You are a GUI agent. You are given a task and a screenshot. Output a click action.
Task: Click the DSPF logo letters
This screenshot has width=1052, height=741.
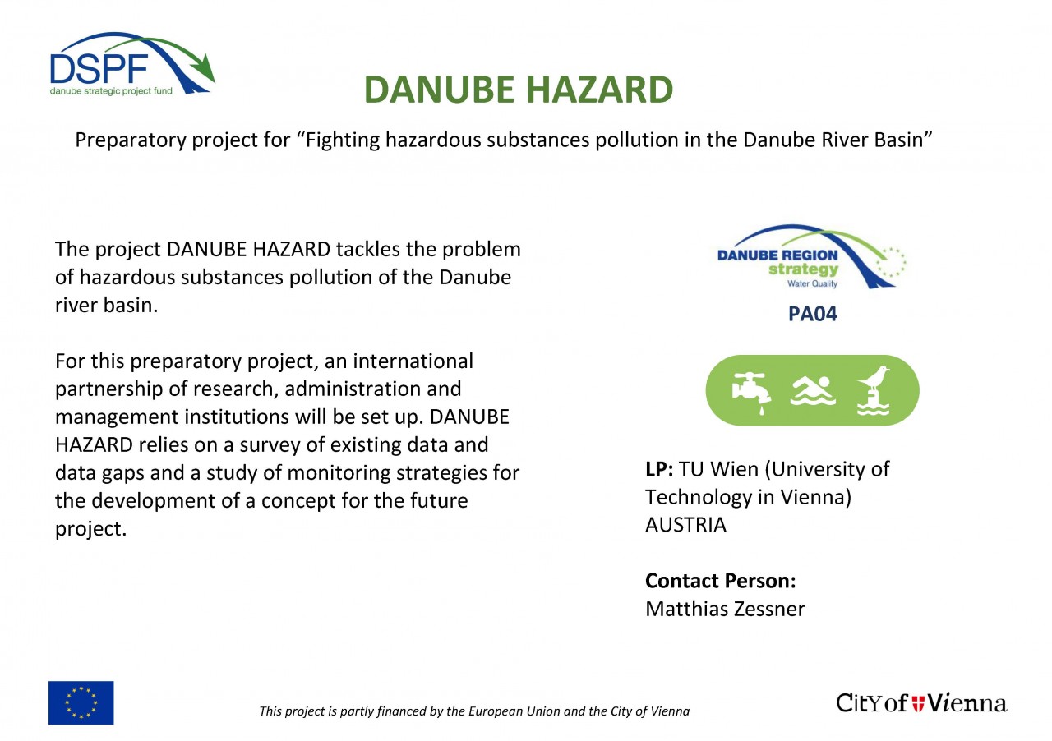pyautogui.click(x=99, y=68)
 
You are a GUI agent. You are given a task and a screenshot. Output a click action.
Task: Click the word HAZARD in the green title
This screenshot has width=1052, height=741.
pyautogui.click(x=599, y=90)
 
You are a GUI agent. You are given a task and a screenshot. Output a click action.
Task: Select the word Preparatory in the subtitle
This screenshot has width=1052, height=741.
pyautogui.click(x=131, y=140)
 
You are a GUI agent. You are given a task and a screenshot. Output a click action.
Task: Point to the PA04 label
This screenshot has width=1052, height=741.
pyautogui.click(x=813, y=314)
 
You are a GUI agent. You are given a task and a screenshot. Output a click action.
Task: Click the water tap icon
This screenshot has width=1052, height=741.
pyautogui.click(x=751, y=392)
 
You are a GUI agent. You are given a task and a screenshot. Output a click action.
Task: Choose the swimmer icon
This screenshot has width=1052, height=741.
pyautogui.click(x=813, y=390)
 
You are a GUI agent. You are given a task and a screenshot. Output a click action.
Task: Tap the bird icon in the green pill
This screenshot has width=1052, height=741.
pyautogui.click(x=873, y=390)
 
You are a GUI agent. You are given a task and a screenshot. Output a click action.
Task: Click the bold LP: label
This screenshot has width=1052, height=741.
pyautogui.click(x=659, y=469)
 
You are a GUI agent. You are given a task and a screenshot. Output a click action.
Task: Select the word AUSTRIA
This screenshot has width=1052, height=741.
pyautogui.click(x=685, y=525)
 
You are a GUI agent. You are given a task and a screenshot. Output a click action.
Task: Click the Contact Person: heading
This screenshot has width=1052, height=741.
pyautogui.click(x=721, y=581)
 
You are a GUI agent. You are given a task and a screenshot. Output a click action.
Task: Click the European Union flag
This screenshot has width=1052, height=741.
pyautogui.click(x=81, y=702)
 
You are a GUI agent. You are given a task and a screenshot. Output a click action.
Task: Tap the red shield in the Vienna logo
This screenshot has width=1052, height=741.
pyautogui.click(x=918, y=703)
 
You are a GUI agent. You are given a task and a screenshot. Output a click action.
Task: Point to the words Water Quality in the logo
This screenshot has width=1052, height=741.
pyautogui.click(x=812, y=283)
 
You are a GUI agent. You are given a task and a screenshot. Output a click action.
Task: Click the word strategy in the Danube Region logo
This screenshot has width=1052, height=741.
pyautogui.click(x=803, y=269)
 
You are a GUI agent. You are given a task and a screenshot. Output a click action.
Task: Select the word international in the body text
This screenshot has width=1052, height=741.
pyautogui.click(x=413, y=361)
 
